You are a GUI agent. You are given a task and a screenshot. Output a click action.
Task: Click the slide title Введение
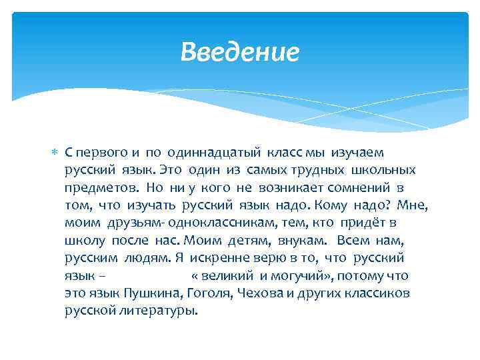tap(240, 52)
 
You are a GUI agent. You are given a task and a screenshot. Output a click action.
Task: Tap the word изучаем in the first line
tap(361, 153)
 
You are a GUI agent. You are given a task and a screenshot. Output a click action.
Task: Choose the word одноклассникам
tap(220, 223)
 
